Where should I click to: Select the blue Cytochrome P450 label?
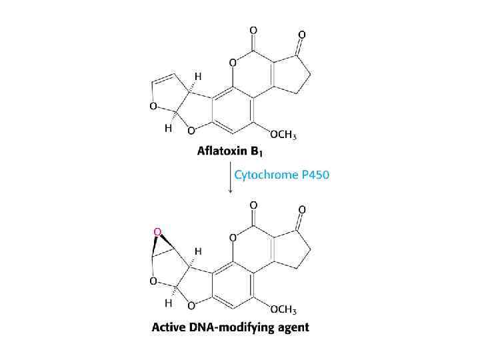[281, 175]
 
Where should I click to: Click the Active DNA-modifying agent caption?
[231, 327]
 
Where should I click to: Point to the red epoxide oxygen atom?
[158, 231]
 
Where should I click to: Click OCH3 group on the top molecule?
[283, 135]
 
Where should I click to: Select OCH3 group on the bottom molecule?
[283, 309]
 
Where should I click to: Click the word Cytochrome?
[265, 175]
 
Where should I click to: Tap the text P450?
[315, 175]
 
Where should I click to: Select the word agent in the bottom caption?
[293, 327]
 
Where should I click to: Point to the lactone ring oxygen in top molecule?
[233, 63]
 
